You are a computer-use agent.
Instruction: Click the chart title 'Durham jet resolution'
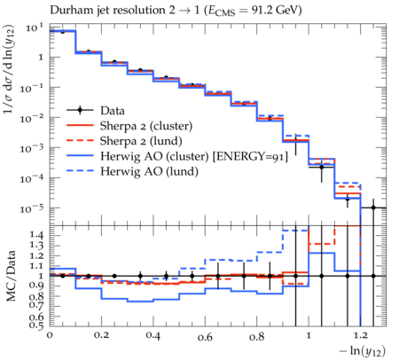(107, 11)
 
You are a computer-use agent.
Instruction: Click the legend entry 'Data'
(113, 111)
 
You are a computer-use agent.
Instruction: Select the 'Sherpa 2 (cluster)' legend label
(146, 126)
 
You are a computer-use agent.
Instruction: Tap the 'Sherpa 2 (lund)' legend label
(141, 141)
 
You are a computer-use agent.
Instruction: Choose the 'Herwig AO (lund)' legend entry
(149, 172)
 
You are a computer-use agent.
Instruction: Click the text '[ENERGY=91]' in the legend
(250, 157)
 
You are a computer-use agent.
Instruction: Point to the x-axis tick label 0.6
(205, 337)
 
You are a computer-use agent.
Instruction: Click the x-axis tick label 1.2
(361, 336)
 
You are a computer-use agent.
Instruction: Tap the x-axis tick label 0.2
(102, 336)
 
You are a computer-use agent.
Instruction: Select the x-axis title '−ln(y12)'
(363, 351)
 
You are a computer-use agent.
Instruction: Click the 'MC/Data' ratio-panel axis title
(12, 276)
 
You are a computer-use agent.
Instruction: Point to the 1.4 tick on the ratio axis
(36, 236)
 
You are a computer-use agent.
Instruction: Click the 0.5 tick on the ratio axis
(36, 325)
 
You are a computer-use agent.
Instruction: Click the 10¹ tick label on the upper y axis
(35, 28)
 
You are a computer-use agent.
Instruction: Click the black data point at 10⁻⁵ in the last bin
(373, 207)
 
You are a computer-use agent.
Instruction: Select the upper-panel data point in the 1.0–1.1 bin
(322, 168)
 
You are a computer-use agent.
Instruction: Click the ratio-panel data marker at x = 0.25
(114, 276)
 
